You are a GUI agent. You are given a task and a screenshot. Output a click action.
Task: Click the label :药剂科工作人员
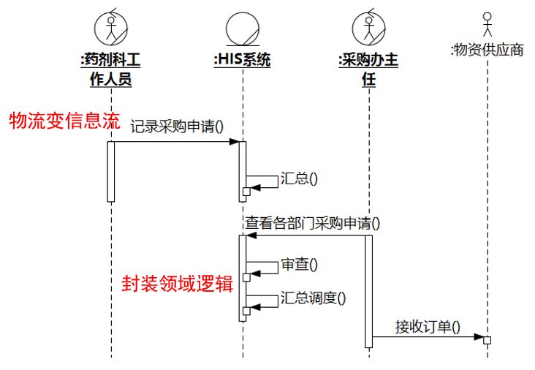pos(110,69)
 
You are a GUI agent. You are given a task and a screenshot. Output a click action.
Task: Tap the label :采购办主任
pos(369,69)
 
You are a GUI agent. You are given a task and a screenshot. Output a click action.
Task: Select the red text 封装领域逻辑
pos(177,284)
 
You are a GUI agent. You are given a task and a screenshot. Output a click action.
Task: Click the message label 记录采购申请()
pos(177,126)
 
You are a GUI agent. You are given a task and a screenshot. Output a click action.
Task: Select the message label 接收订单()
pos(428,325)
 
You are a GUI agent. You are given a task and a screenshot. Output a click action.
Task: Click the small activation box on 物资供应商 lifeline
pos(487,339)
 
